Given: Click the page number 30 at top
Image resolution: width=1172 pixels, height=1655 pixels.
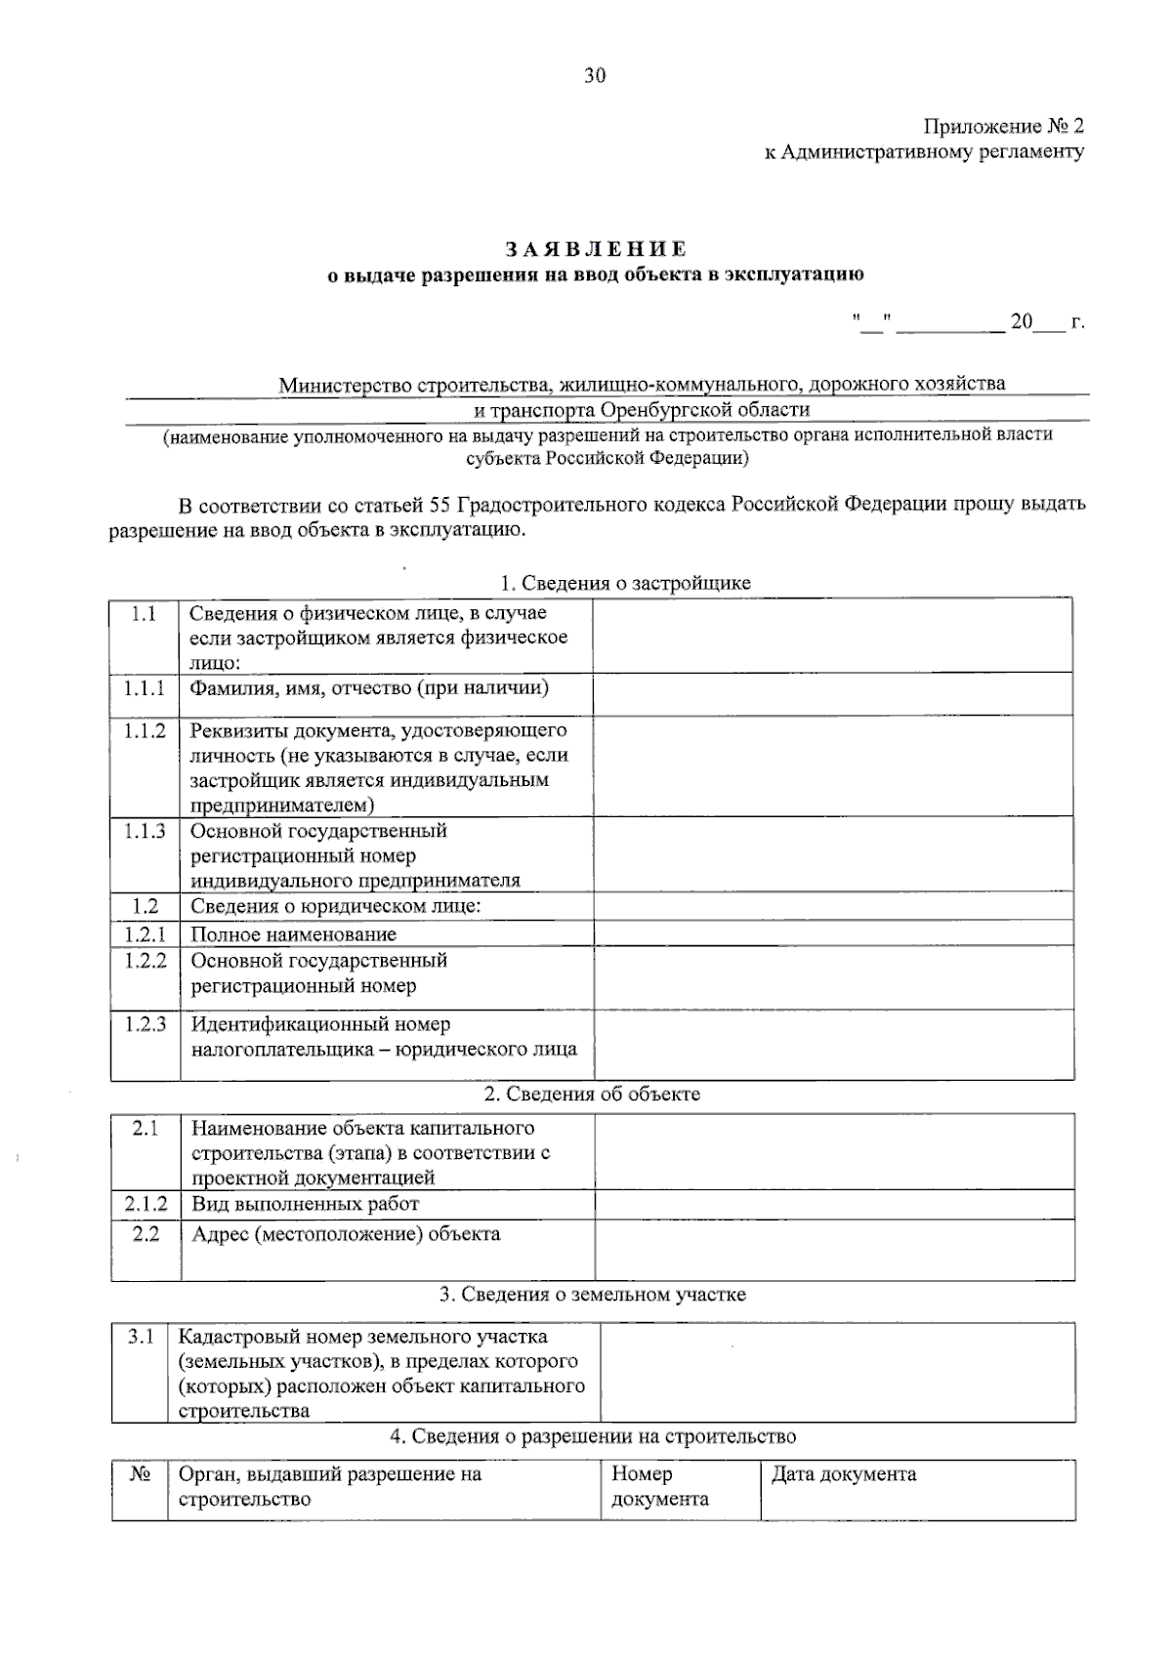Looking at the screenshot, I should [595, 76].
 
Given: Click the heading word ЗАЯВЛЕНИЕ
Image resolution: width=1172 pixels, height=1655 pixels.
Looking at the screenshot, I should [595, 249].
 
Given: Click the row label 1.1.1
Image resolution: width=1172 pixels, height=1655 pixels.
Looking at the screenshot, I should [145, 688].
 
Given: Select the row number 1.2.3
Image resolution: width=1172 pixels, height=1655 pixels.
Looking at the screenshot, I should [145, 1024].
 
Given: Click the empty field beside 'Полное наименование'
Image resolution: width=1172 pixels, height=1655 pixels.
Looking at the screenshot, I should [832, 934].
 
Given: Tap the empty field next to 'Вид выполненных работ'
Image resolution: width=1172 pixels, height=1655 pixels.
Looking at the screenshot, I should [834, 1204].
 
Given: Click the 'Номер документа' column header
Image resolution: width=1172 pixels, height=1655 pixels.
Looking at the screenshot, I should [659, 1486].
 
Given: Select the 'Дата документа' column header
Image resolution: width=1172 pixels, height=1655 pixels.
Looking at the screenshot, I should [844, 1474].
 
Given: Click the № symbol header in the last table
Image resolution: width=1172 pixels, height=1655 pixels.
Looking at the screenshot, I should [139, 1474].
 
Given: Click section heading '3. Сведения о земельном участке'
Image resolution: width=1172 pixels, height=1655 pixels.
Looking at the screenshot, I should [593, 1295].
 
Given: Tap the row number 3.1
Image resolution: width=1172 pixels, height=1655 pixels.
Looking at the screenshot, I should [141, 1336].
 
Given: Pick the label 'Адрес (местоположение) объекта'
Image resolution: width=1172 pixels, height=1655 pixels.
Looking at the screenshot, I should [346, 1234].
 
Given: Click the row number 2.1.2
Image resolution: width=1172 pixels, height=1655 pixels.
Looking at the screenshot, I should [146, 1204].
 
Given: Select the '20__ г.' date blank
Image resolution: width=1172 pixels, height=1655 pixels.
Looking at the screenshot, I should [1045, 321].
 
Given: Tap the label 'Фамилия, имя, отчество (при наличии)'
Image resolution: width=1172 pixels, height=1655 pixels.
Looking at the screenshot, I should [369, 688].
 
